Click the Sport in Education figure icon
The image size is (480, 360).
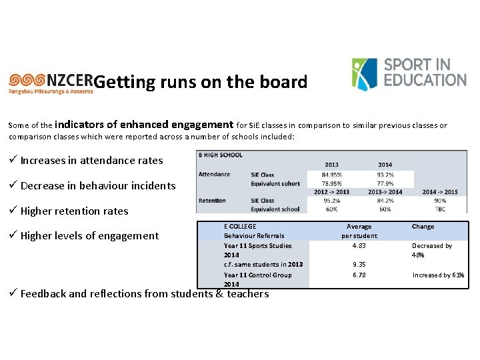point(364,73)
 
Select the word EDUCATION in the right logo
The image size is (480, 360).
point(425,79)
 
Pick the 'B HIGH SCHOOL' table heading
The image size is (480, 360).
point(220,155)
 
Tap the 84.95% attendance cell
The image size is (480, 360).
point(331,175)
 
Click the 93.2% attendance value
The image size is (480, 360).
point(385,175)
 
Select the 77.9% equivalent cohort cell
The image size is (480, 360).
point(385,183)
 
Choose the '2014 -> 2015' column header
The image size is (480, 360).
point(439,192)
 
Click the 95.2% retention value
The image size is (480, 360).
point(331,201)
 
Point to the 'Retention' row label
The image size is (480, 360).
point(212,201)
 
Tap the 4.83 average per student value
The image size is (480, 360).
point(359,245)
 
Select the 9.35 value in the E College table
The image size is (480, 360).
point(359,264)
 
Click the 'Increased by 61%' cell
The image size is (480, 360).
point(438,275)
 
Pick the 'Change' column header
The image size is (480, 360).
point(423,227)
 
